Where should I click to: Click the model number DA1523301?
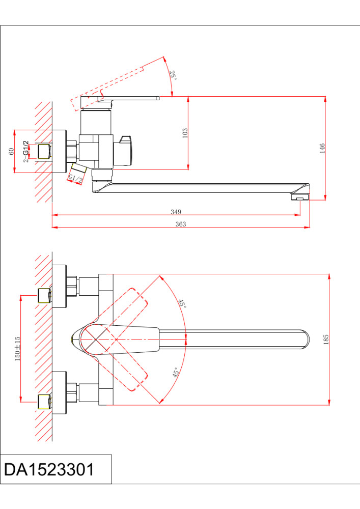coord(49,469)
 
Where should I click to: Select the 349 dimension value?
coord(176,212)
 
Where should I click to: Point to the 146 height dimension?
coord(321,148)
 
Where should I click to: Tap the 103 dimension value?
coord(185,133)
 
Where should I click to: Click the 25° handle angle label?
coord(173,75)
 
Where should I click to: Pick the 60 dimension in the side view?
coord(11,152)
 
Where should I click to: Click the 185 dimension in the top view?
coord(326,340)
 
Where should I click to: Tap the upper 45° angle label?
coord(182,304)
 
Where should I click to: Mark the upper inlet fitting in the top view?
coord(44,295)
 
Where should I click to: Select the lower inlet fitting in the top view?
coord(44,402)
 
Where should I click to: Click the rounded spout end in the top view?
coord(303,340)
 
